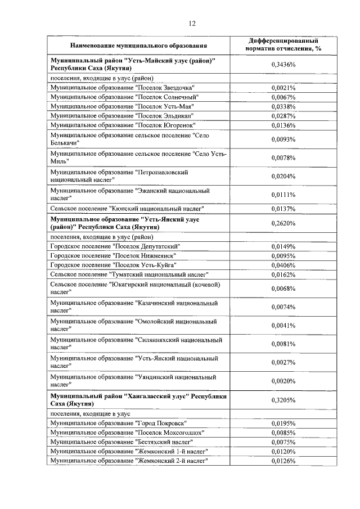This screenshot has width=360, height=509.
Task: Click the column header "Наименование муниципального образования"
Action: pyautogui.click(x=138, y=45)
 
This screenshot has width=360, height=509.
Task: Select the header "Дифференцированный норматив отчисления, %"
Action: pyautogui.click(x=283, y=45)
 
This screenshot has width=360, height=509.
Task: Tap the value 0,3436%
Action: pyautogui.click(x=283, y=65)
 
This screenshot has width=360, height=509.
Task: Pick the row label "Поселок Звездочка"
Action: pyautogui.click(x=123, y=88)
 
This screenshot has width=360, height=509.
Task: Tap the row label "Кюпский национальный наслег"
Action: pyautogui.click(x=127, y=209)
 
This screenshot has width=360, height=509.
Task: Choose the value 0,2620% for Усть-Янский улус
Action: pyautogui.click(x=283, y=223)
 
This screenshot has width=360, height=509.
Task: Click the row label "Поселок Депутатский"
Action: pyautogui.click(x=115, y=246)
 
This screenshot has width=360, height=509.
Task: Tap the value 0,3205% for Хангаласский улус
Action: pyautogui.click(x=283, y=400)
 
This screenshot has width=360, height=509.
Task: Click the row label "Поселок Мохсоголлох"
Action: pyautogui.click(x=127, y=433)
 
